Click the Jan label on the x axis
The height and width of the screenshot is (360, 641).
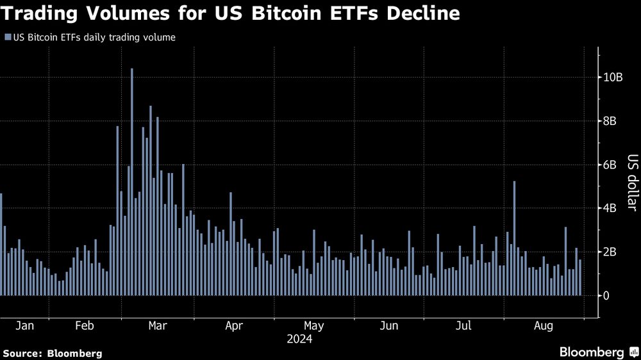(x=24, y=326)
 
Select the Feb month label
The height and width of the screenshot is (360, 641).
(x=85, y=326)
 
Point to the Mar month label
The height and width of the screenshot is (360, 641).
(x=158, y=326)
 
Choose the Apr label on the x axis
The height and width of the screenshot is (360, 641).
(x=234, y=326)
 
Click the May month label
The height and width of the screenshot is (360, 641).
(x=313, y=326)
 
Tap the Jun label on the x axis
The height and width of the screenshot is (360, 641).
(x=388, y=326)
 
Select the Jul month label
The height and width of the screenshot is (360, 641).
(x=463, y=326)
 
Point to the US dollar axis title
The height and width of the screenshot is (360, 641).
(x=631, y=182)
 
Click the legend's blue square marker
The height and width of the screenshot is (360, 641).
(x=7, y=38)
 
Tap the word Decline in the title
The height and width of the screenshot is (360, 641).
(x=421, y=13)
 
